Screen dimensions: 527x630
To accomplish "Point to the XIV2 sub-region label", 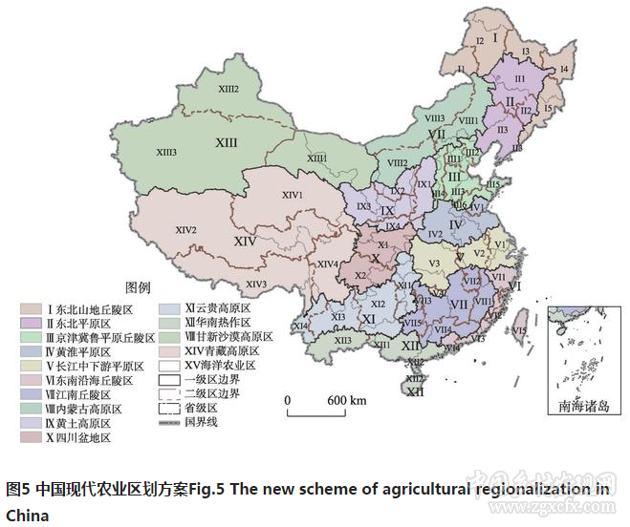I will (185, 230).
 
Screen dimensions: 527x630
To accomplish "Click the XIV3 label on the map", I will (255, 284).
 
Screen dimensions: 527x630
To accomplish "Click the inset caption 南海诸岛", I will (583, 407).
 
